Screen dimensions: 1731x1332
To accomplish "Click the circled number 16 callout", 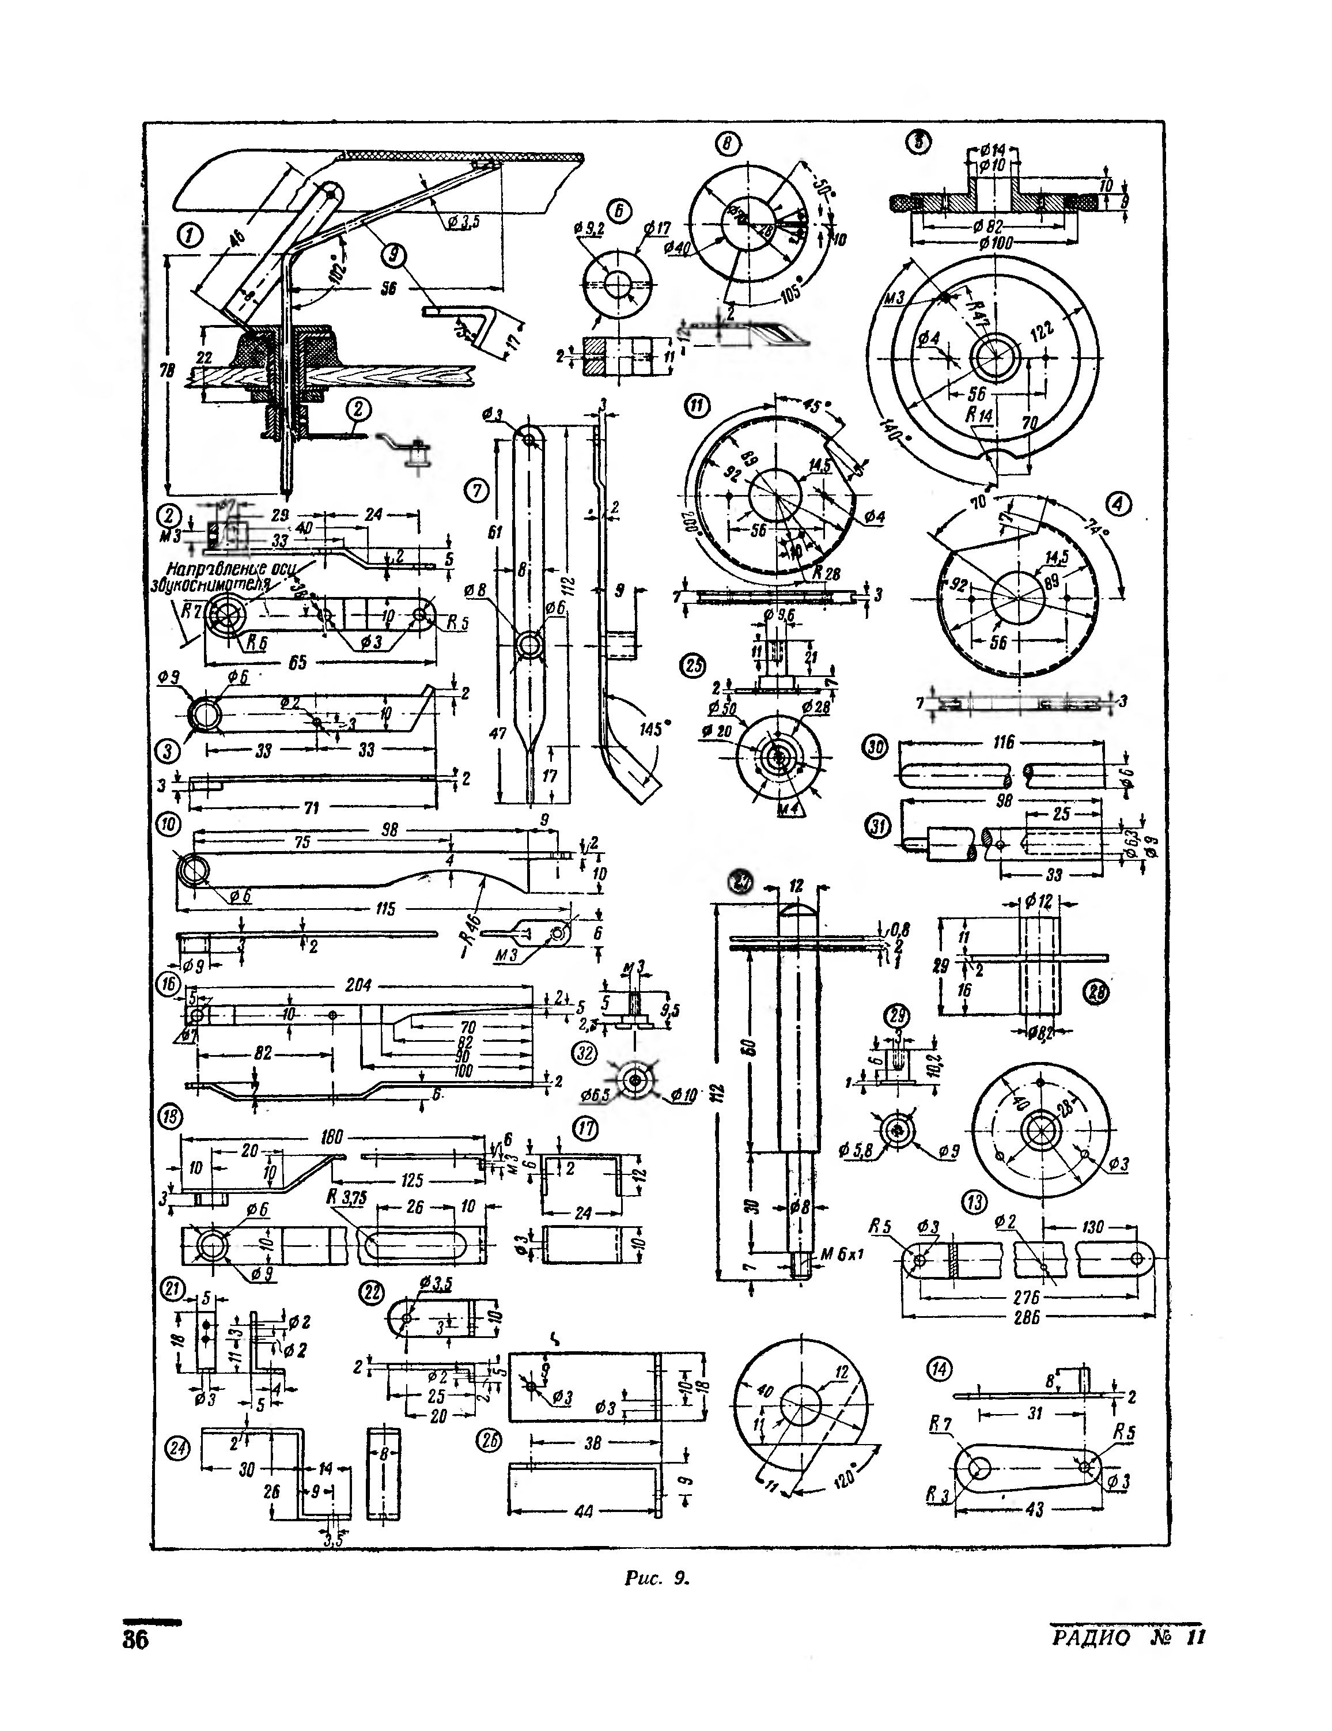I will pos(168,985).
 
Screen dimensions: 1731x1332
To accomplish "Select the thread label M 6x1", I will pos(843,1254).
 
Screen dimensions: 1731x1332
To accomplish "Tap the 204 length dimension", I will pos(358,985).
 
